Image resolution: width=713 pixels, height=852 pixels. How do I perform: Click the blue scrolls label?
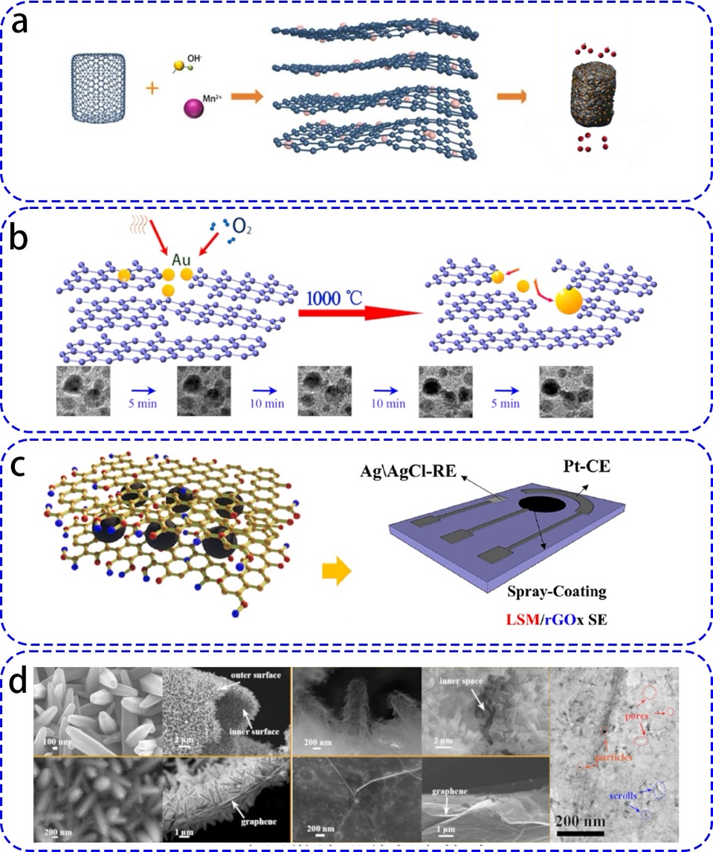click(625, 795)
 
